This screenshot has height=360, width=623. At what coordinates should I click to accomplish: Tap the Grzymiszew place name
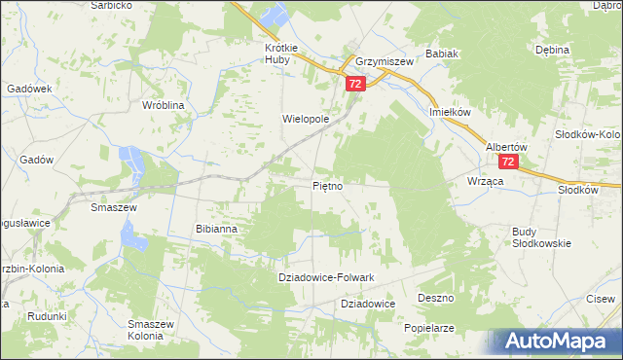point(385,60)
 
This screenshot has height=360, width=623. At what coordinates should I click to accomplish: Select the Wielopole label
point(306,120)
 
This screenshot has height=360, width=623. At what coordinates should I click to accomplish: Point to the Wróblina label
point(164,104)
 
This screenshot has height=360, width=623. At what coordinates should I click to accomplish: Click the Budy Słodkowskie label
point(541,236)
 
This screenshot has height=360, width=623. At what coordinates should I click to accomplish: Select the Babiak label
point(442,54)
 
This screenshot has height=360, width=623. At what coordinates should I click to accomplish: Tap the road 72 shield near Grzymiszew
point(354,86)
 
